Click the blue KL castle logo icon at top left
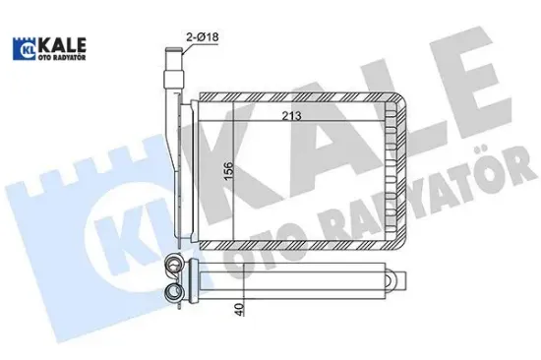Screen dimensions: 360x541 pyautogui.click(x=24, y=49)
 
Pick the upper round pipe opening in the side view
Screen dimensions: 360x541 pyautogui.click(x=175, y=264)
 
